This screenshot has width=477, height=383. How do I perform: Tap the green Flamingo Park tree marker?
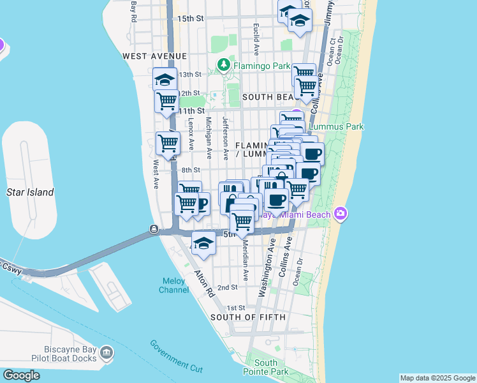point(224,65)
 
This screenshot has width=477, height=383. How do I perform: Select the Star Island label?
point(29,192)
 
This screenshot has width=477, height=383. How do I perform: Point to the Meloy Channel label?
point(173,285)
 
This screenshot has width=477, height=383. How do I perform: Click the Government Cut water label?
point(176,356)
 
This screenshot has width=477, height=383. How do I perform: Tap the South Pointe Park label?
point(267,367)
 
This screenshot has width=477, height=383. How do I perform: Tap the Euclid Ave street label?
point(256,38)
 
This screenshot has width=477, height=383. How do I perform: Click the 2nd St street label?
point(227,288)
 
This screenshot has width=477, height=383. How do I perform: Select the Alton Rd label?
point(205,285)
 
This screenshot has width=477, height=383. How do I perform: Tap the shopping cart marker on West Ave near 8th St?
point(168,143)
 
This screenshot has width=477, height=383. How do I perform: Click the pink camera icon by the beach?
point(341,213)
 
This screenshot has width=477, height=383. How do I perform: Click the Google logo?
point(21,375)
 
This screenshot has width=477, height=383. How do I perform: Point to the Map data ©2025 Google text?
point(437,378)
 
